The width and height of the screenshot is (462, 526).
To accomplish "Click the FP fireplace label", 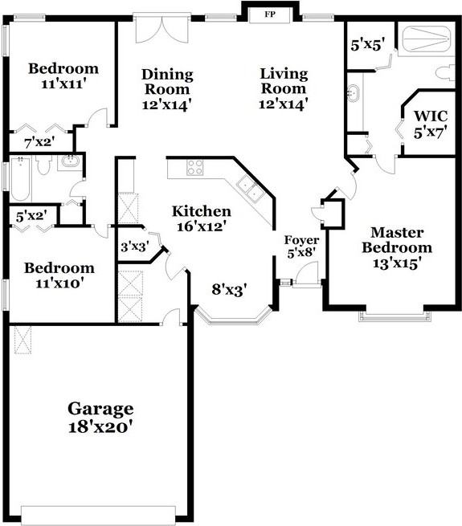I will pyautogui.click(x=269, y=14).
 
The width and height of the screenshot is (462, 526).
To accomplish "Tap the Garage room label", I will pyautogui.click(x=100, y=409).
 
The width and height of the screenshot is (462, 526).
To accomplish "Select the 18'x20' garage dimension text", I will pyautogui.click(x=100, y=427).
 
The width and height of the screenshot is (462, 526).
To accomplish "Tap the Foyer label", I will pyautogui.click(x=302, y=240).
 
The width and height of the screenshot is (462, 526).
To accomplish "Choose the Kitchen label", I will pyautogui.click(x=202, y=212).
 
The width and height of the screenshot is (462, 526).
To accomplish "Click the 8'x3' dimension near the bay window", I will pyautogui.click(x=229, y=290).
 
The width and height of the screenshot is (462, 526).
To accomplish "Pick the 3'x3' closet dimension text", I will pyautogui.click(x=133, y=247).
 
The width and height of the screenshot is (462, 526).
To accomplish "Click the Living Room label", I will pyautogui.click(x=284, y=82).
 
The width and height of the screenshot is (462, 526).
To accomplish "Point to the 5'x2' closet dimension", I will pyautogui.click(x=31, y=215).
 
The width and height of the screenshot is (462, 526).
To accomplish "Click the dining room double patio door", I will pyautogui.click(x=161, y=31).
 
